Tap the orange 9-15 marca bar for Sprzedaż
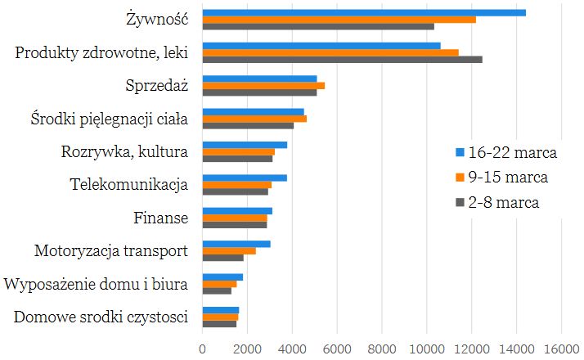[x=263, y=85]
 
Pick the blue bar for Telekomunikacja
[x=245, y=178]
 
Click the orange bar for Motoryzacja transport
[x=229, y=250]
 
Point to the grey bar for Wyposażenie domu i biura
[x=217, y=290]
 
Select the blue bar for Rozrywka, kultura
[x=245, y=145]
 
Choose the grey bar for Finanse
[x=235, y=224]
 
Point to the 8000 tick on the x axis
[x=382, y=347]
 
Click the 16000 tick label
[x=561, y=347]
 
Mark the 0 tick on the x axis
[x=203, y=347]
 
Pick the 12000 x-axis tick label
[x=472, y=347]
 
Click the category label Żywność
[x=158, y=18]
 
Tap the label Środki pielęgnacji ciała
[x=104, y=119]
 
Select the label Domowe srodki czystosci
[x=101, y=317]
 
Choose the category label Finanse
[x=160, y=218]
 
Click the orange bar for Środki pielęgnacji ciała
[x=254, y=119]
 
